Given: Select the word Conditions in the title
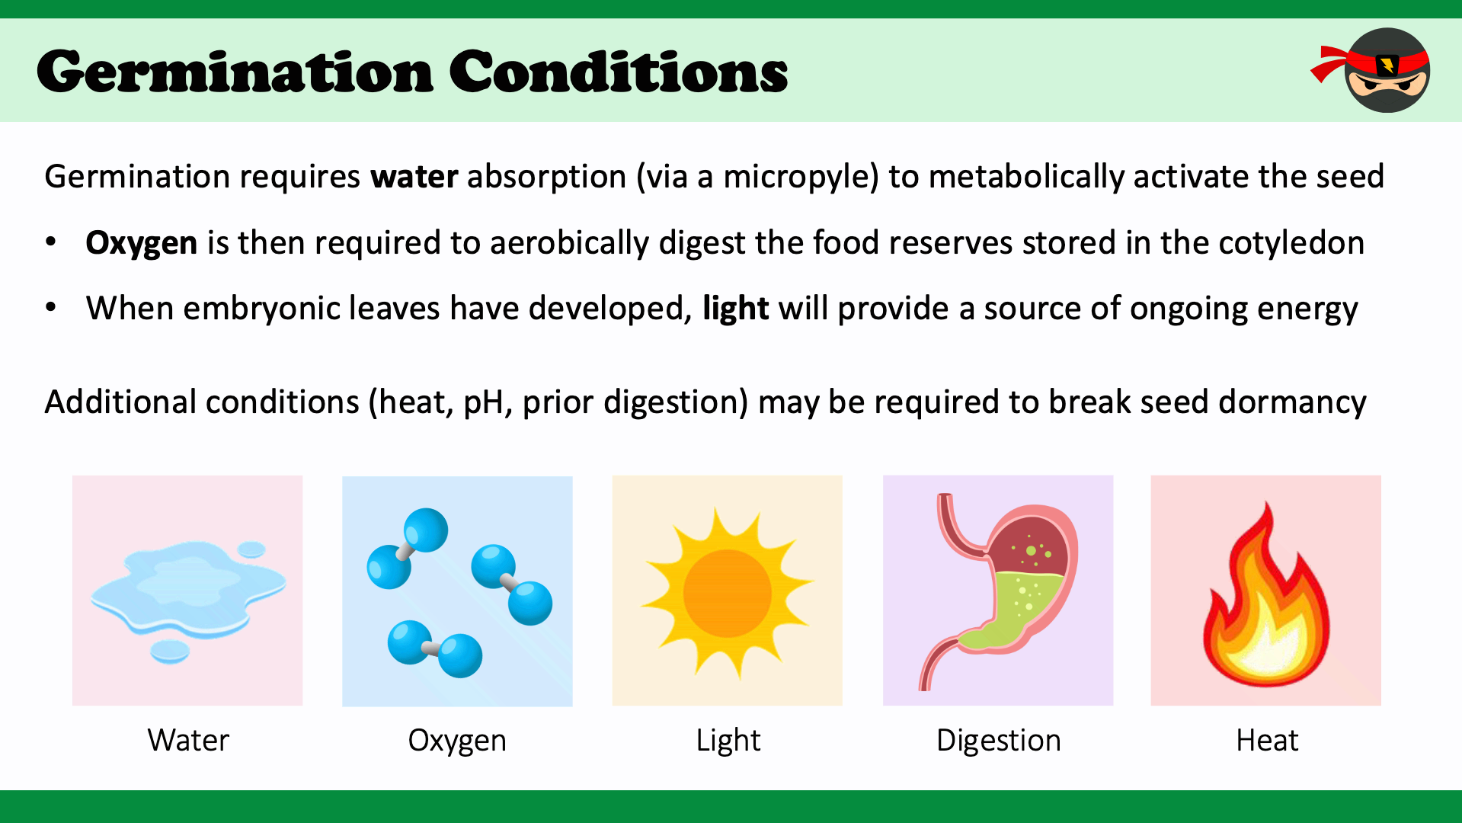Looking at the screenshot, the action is point(619,72).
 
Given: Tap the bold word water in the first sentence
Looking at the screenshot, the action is point(414,177).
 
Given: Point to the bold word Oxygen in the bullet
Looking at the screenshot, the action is point(142,244).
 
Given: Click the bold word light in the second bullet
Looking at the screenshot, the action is point(736,309).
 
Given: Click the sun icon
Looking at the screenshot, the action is point(728,594).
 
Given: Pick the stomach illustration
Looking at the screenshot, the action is point(998,591).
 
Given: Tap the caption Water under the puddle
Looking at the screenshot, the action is point(188,741).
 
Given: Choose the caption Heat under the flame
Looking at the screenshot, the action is point(1267,741).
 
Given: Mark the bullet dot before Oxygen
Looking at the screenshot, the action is point(51,242).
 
